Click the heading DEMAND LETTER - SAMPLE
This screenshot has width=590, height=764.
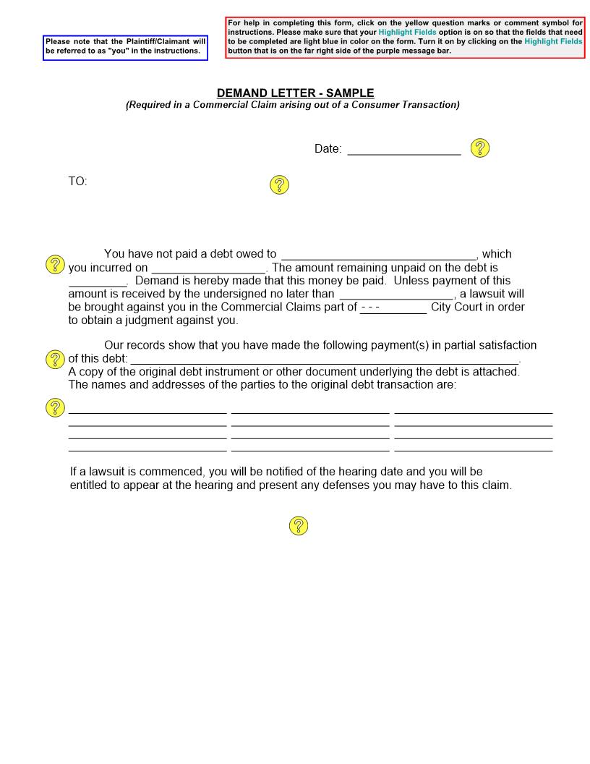[x=295, y=93]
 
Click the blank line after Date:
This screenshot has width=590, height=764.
[x=403, y=149]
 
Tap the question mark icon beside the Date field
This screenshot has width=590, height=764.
[x=480, y=148]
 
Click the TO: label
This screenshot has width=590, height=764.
[x=78, y=182]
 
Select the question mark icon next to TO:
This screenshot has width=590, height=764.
[x=279, y=184]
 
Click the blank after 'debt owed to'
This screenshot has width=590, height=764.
[x=378, y=254]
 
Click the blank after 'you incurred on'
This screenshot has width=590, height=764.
[x=208, y=268]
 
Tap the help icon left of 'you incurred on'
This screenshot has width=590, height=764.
[x=56, y=264]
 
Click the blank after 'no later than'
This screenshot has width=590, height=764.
[x=396, y=294]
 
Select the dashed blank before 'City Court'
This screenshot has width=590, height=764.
[x=393, y=307]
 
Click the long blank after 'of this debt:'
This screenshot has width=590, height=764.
[x=324, y=359]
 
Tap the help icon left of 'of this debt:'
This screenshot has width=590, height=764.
[x=56, y=359]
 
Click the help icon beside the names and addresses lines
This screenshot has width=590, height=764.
[x=56, y=407]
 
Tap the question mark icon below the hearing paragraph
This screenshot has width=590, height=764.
[x=299, y=526]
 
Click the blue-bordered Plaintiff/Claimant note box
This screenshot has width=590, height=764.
[x=125, y=46]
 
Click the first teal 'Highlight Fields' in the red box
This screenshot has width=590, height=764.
[x=407, y=33]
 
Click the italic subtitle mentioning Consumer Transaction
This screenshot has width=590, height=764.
[x=293, y=105]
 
